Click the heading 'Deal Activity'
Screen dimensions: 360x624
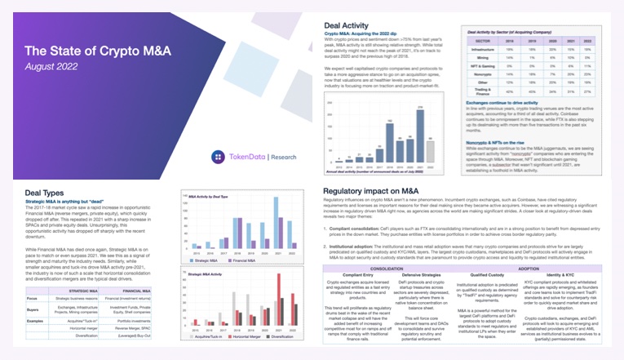pyautogui.click(x=346, y=24)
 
